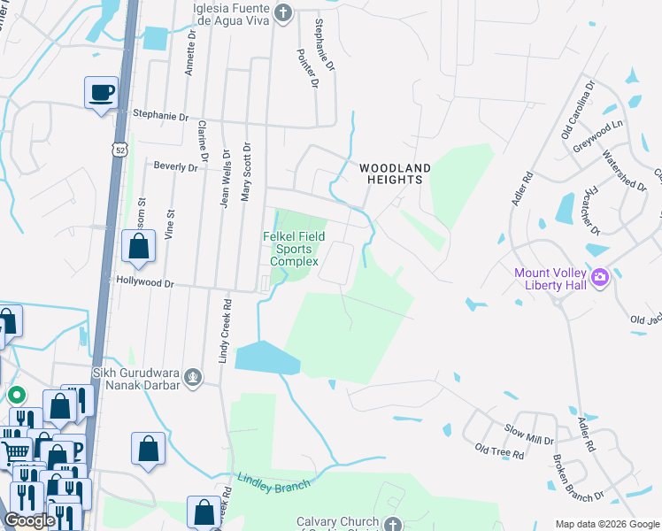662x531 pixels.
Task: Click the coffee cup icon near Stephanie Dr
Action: point(101,92)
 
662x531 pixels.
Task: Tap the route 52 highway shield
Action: point(121,150)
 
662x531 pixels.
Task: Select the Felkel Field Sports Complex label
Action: point(293,249)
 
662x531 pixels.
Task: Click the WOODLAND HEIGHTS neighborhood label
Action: point(395,173)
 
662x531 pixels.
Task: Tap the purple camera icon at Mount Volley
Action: point(600,278)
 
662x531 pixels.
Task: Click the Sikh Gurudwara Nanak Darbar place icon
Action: point(191,379)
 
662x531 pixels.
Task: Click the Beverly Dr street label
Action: point(175,166)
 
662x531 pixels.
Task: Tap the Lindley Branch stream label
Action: point(273,485)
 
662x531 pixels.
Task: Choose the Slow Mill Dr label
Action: point(528,439)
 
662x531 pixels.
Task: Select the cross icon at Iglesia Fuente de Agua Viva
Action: point(282,12)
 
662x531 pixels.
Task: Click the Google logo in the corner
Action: point(29,520)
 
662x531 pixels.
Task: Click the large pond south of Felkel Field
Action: point(266,357)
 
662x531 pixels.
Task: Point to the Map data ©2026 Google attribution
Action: point(607,523)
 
